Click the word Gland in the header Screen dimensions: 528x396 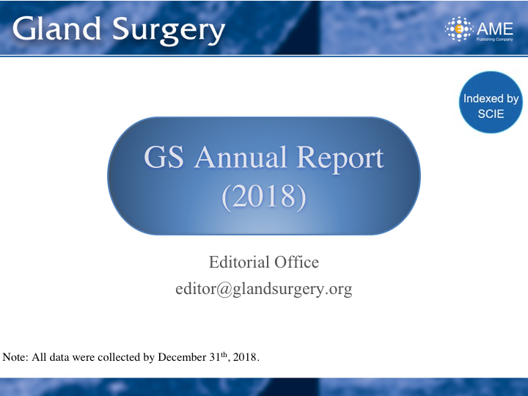click(x=57, y=29)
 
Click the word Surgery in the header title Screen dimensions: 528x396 click(x=169, y=31)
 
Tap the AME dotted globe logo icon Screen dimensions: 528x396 click(x=458, y=29)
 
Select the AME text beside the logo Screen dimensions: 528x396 click(x=495, y=29)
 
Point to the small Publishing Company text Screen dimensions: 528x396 click(x=495, y=40)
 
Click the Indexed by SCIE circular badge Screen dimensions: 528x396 click(x=491, y=103)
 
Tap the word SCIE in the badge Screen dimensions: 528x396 click(x=491, y=114)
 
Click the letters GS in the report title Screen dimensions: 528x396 click(x=164, y=157)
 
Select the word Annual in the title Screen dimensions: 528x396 click(x=241, y=157)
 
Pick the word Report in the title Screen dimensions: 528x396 click(x=340, y=158)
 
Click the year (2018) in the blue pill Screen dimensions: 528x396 click(x=264, y=197)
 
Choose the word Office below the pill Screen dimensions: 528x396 click(x=297, y=262)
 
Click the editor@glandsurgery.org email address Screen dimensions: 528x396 click(x=264, y=289)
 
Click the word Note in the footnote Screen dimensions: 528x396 click(x=15, y=357)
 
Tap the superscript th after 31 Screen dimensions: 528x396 click(x=224, y=354)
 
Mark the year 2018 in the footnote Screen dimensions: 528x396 click(x=245, y=357)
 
